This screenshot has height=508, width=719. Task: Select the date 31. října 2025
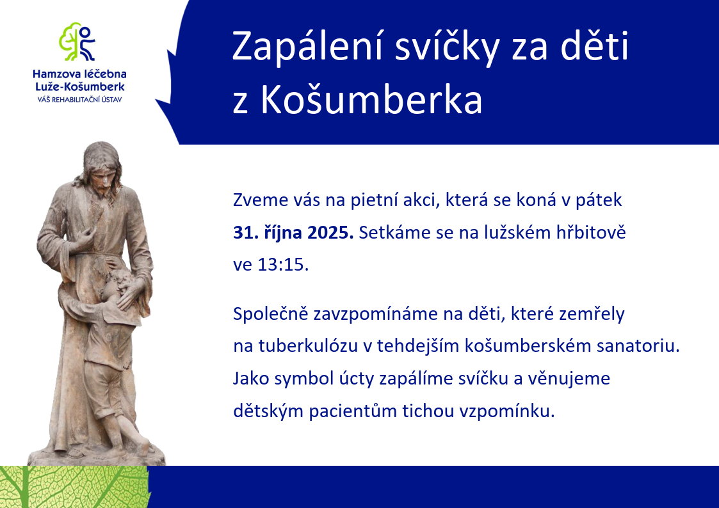click(293, 233)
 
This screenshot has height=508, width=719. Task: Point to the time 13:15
click(283, 265)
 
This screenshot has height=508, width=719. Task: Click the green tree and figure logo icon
click(77, 42)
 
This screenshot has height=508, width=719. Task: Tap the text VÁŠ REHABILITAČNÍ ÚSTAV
click(80, 99)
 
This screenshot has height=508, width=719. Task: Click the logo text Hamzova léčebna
click(80, 74)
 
